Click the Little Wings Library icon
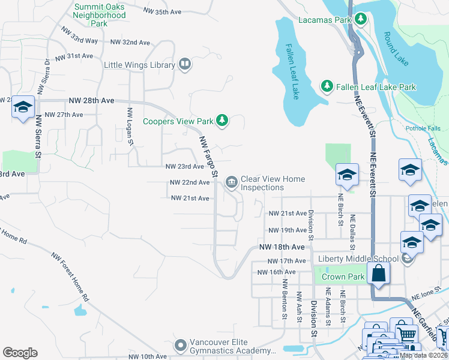coord(185,65)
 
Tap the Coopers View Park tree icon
coord(223,121)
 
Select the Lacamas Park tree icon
coord(361,20)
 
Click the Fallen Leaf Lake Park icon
coord(327,87)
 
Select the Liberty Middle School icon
coord(408,259)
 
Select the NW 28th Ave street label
coord(91,100)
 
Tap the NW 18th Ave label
coord(282,247)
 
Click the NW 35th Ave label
coord(163,11)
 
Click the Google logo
coord(20,353)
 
